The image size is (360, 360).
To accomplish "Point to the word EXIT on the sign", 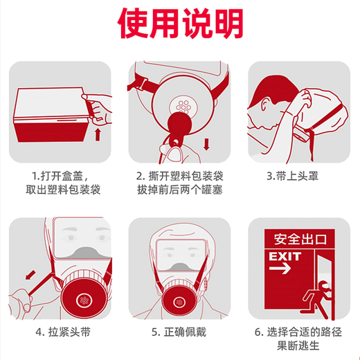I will pos(286,255).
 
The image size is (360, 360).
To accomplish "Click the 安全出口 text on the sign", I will pos(299,240).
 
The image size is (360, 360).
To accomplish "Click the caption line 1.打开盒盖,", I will pos(60,175).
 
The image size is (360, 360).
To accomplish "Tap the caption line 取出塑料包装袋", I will pos(60,189).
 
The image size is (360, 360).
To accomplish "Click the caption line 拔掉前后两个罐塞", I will pos(181,189).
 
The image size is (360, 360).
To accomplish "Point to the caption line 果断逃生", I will pos(300,346).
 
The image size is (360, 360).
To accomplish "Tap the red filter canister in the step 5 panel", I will pos(180,300).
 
